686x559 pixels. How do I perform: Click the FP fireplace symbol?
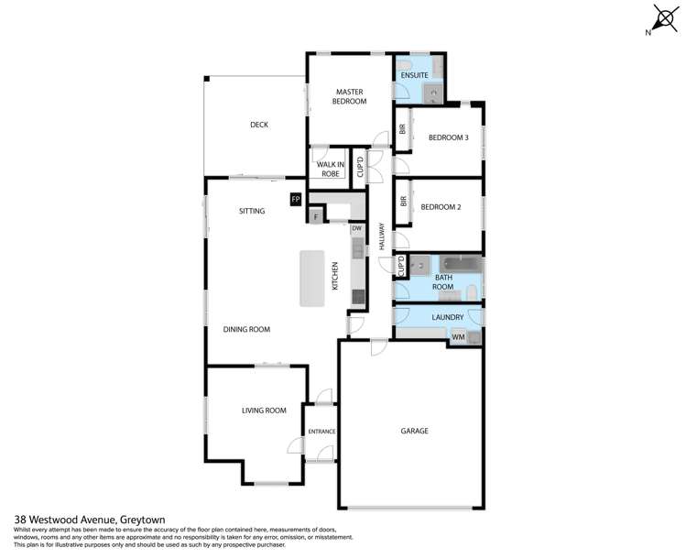click(x=295, y=199)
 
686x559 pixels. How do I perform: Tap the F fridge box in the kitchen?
click(x=316, y=217)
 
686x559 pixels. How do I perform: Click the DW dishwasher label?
click(x=357, y=228)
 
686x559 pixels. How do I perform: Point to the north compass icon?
click(x=664, y=19)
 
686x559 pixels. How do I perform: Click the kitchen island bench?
click(x=312, y=279)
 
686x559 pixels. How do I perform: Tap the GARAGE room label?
click(x=414, y=430)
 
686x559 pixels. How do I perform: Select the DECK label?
click(x=259, y=125)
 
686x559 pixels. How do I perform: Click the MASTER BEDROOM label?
click(x=350, y=96)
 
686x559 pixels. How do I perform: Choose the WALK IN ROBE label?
click(x=329, y=169)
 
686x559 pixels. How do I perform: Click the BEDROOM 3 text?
click(x=449, y=137)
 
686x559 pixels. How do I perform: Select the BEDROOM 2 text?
click(x=441, y=207)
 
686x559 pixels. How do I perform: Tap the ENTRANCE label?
click(x=321, y=432)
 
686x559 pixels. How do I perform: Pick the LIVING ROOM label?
click(x=264, y=411)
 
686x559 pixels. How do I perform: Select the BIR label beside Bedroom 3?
click(x=402, y=130)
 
